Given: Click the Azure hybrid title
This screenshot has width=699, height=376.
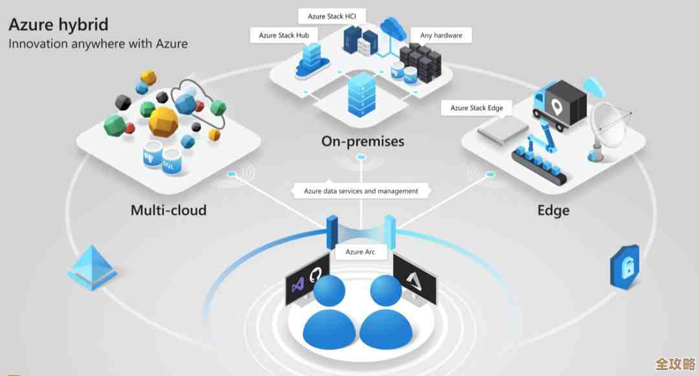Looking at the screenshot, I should click(x=58, y=25).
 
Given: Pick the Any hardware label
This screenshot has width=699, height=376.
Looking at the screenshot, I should click(x=441, y=35).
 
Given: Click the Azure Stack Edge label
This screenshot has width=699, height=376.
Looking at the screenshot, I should click(x=476, y=108).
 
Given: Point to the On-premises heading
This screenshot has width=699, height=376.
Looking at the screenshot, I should click(x=362, y=141).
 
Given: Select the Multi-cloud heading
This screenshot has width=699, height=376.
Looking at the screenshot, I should click(x=168, y=210).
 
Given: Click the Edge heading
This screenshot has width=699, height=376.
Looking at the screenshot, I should click(x=553, y=210).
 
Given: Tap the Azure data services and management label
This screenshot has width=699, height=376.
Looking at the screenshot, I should click(x=361, y=191).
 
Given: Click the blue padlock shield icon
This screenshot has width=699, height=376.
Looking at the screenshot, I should click(x=624, y=266).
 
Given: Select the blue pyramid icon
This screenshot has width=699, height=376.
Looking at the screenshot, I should click(x=92, y=267).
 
